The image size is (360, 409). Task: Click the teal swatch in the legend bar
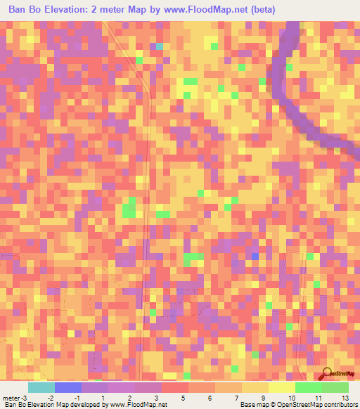click(x=41, y=387)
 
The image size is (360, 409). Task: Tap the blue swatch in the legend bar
click(x=68, y=387)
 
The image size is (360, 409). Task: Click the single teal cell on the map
click(x=160, y=47)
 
